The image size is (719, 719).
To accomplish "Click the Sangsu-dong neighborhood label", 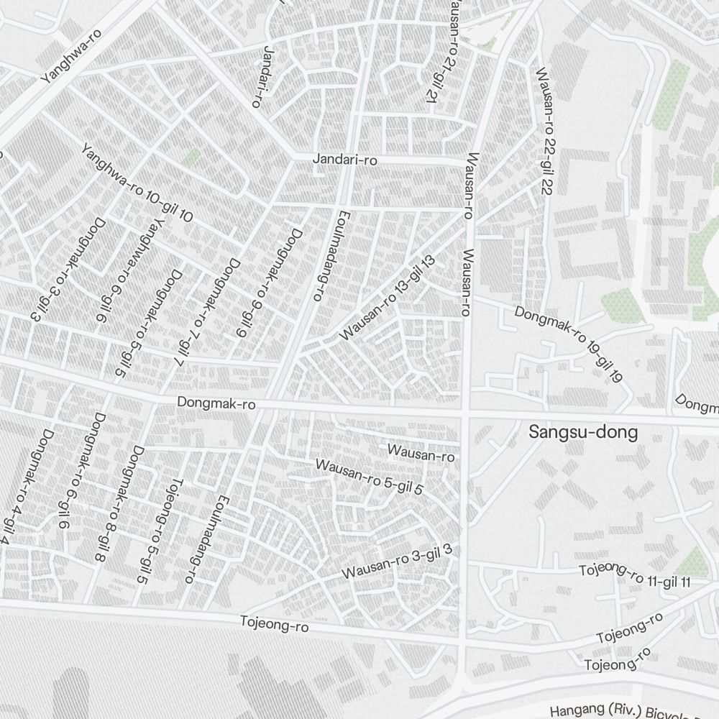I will (583, 433).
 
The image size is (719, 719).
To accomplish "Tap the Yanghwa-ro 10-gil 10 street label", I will (137, 183).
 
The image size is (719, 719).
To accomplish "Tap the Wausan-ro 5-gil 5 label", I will (369, 476).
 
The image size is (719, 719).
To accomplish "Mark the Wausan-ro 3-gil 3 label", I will (397, 562).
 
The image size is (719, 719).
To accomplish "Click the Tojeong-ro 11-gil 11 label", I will (635, 576).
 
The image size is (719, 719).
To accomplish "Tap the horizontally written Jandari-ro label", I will (345, 160).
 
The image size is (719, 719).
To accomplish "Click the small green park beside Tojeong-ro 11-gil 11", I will (692, 562).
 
